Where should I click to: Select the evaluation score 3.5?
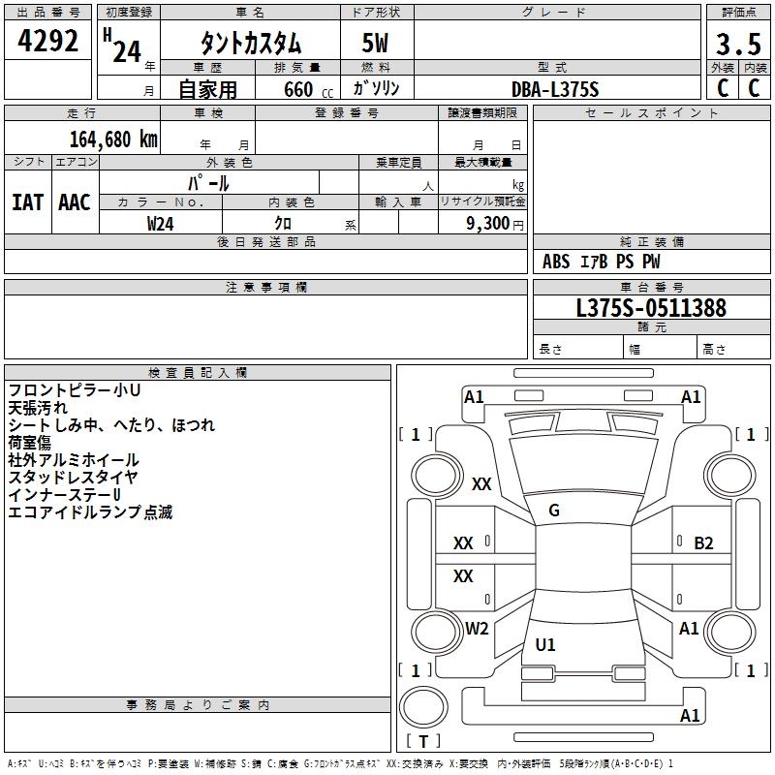736,45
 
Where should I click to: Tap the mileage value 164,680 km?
113,139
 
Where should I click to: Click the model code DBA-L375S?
555,89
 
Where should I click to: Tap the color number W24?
161,223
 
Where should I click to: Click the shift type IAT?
27,202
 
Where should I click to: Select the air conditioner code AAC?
74,202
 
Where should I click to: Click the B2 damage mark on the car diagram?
703,543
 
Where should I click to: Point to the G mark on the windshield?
554,511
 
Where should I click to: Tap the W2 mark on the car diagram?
477,629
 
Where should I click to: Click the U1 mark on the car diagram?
546,645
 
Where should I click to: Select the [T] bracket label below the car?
422,742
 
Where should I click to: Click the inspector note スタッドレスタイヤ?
74,478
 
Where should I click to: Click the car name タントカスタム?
251,44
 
